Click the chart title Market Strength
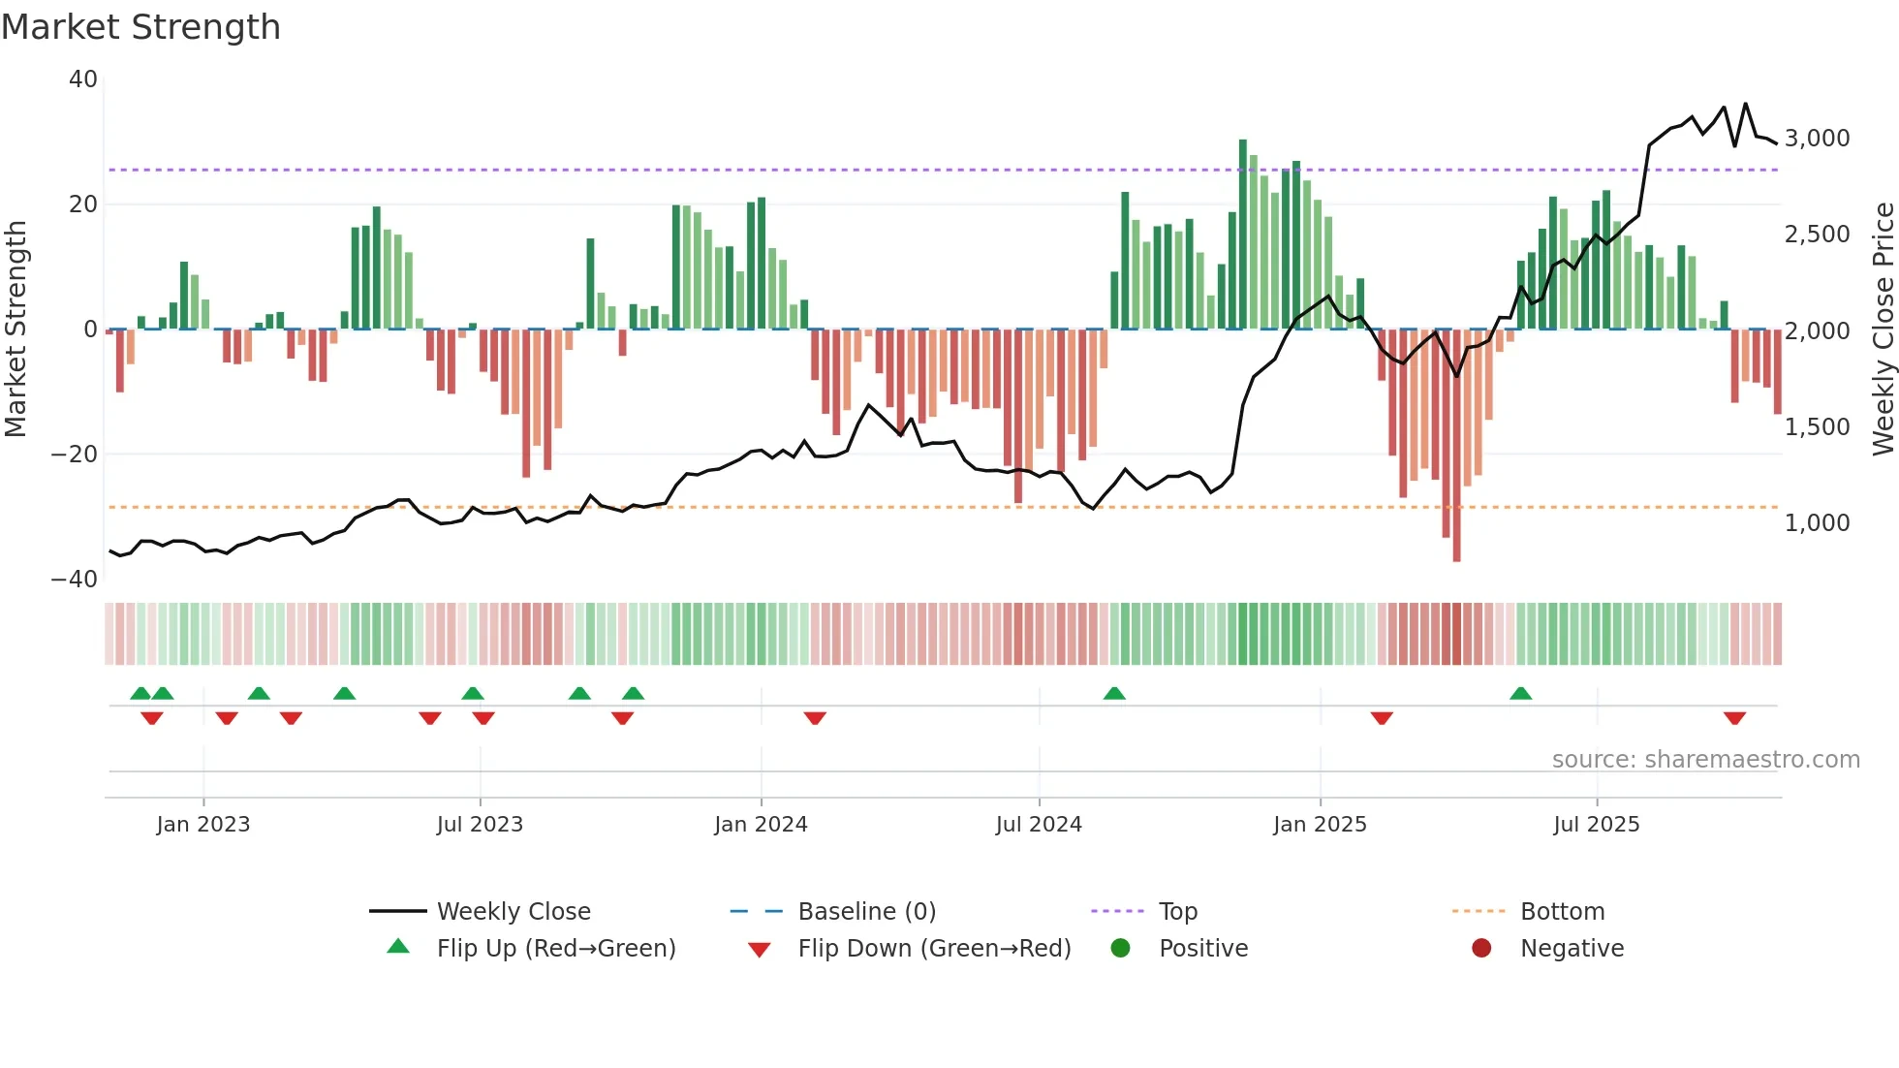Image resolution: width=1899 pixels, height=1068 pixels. (140, 27)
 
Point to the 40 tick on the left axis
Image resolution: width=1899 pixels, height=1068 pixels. (83, 79)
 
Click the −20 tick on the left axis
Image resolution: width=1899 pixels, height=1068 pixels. (75, 455)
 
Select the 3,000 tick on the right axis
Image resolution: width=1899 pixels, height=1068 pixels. (1817, 139)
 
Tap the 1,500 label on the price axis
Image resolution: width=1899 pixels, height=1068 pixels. (1817, 427)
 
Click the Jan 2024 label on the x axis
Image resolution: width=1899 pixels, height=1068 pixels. (761, 825)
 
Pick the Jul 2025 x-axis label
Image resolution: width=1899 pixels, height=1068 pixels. (1596, 825)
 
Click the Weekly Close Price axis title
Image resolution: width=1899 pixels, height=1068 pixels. (1883, 330)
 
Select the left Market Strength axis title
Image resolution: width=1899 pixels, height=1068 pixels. (16, 330)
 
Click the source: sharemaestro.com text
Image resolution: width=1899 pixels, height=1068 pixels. (1705, 760)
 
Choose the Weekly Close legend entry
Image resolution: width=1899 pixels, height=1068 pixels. (513, 912)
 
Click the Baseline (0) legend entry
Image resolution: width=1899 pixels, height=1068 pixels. (866, 912)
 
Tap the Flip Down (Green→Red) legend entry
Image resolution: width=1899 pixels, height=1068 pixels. (934, 949)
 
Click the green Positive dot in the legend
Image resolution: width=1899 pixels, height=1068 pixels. (1121, 949)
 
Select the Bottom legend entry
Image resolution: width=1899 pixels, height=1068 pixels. (1562, 912)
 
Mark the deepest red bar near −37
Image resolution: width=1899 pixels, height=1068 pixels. (1456, 446)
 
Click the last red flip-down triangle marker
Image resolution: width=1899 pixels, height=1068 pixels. (1734, 718)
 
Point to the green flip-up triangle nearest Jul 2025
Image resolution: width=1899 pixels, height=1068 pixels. (1520, 694)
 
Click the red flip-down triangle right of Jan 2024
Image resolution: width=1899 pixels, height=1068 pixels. (815, 718)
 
